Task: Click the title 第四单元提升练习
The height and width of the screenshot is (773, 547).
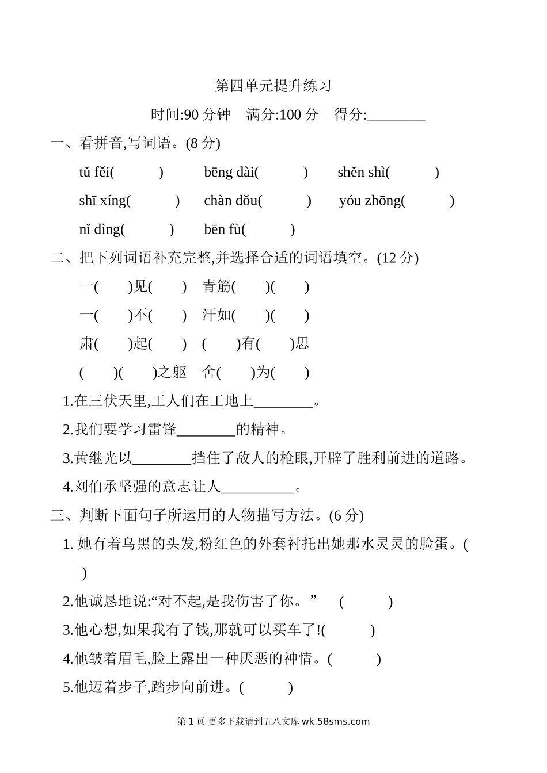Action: pyautogui.click(x=273, y=86)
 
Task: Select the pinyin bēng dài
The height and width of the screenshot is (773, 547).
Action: pyautogui.click(x=229, y=172)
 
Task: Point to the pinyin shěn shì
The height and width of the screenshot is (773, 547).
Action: pyautogui.click(x=361, y=172)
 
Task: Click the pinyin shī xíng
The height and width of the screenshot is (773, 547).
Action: pyautogui.click(x=102, y=201)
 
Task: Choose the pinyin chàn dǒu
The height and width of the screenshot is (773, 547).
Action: pyautogui.click(x=230, y=201)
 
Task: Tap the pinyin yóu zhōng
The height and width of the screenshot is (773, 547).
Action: pyautogui.click(x=370, y=201)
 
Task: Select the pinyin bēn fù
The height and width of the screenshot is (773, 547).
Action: pyautogui.click(x=222, y=229)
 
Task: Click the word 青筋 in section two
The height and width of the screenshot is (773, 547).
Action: pyautogui.click(x=216, y=286)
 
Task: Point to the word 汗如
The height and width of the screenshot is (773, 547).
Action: pyautogui.click(x=216, y=315)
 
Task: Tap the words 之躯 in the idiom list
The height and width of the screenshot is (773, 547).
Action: pyautogui.click(x=172, y=373)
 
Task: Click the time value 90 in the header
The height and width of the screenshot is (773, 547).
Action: pyautogui.click(x=192, y=114)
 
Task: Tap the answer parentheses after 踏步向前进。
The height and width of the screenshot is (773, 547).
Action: pyautogui.click(x=266, y=687)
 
